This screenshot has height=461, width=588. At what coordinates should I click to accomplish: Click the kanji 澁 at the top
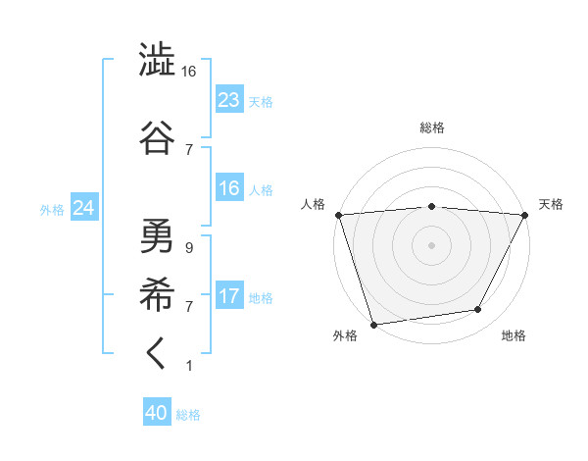pyautogui.click(x=157, y=59)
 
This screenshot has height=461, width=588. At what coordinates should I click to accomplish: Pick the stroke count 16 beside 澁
pyautogui.click(x=189, y=73)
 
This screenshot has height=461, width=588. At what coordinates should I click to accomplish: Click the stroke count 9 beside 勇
pyautogui.click(x=188, y=248)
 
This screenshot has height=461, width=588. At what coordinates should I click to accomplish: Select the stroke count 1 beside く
pyautogui.click(x=188, y=366)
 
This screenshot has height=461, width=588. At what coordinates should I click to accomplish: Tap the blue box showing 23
pyautogui.click(x=228, y=100)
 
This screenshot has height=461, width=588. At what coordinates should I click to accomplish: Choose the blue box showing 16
pyautogui.click(x=228, y=189)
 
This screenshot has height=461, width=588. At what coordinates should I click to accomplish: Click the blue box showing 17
pyautogui.click(x=228, y=296)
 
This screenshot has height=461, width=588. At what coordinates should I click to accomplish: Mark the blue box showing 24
pyautogui.click(x=83, y=208)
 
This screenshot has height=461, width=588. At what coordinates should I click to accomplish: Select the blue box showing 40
pyautogui.click(x=157, y=414)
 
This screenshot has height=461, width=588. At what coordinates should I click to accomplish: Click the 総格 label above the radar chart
pyautogui.click(x=432, y=128)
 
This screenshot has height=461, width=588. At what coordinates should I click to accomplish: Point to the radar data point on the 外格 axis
pyautogui.click(x=373, y=324)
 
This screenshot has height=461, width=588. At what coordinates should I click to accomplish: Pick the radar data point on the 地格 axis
pyautogui.click(x=478, y=310)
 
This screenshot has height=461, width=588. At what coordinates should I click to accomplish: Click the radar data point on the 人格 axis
pyautogui.click(x=338, y=215)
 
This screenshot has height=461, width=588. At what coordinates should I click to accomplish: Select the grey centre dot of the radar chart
pyautogui.click(x=432, y=244)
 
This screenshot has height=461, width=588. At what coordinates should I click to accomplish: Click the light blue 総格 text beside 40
pyautogui.click(x=189, y=415)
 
